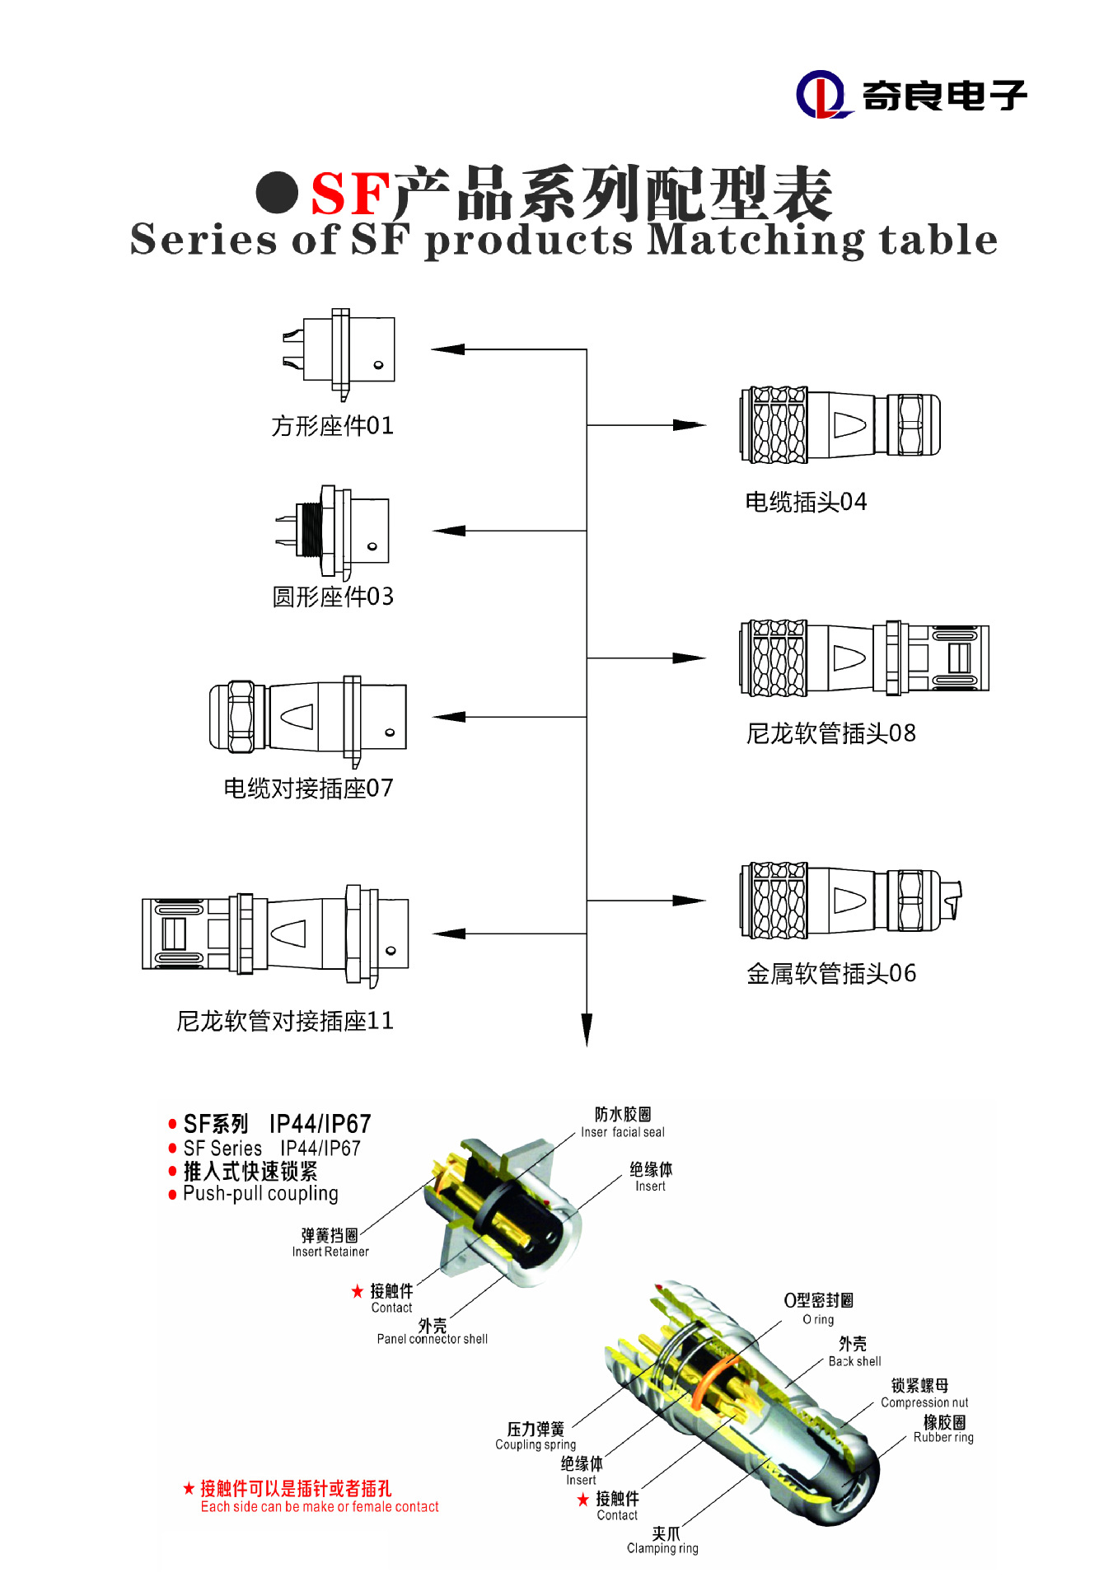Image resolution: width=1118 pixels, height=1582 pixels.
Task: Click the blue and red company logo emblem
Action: [x=821, y=95]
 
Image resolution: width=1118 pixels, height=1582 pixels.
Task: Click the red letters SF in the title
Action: [x=349, y=194]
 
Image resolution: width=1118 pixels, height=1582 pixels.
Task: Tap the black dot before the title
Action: [x=277, y=193]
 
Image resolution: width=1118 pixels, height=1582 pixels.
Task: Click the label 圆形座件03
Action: [x=333, y=597]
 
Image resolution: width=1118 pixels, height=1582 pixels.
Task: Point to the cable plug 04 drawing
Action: [x=840, y=425]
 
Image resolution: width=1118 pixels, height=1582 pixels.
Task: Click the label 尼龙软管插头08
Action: [x=830, y=733]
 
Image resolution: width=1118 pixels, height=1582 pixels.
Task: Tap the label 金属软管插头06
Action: [x=830, y=974]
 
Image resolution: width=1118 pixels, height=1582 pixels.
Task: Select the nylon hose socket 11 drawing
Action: [x=275, y=934]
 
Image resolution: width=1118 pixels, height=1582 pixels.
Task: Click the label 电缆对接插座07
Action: [x=308, y=789]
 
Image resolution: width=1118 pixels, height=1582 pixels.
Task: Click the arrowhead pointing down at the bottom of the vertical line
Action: [x=587, y=1030]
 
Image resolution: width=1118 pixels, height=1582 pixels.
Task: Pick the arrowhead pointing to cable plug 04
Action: [x=689, y=425]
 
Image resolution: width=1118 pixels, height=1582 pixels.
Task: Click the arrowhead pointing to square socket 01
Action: [x=448, y=349]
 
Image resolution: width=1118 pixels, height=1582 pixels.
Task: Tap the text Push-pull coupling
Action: [x=260, y=1194]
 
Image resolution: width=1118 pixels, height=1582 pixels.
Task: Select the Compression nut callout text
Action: [x=924, y=1402]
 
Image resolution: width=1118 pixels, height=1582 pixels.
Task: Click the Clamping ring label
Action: [x=662, y=1548]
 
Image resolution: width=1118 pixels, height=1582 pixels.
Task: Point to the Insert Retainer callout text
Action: [x=330, y=1252]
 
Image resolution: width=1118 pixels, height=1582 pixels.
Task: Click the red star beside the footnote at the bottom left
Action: [x=189, y=1488]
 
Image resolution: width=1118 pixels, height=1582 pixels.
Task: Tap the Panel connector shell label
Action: [x=433, y=1339]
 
